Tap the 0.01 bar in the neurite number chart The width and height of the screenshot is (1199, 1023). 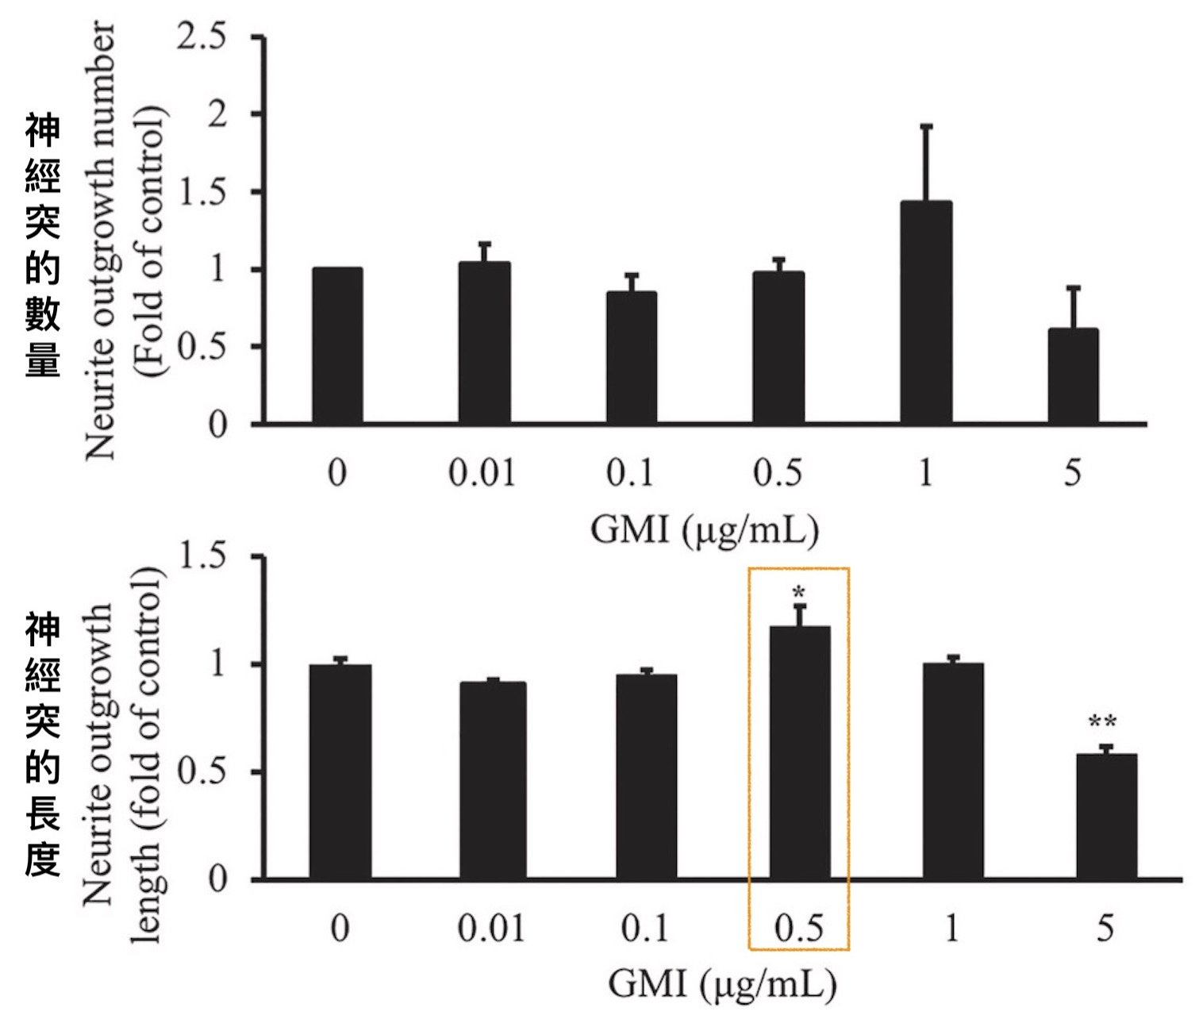[x=484, y=342]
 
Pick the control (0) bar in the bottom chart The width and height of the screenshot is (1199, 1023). [x=340, y=771]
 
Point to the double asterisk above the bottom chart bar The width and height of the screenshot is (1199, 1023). [x=1102, y=723]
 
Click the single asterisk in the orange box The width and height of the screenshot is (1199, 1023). [x=799, y=593]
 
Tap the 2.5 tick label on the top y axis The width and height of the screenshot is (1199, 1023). [x=202, y=37]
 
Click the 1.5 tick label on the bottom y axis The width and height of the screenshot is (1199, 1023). [x=202, y=556]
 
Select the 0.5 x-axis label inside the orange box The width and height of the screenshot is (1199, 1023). [x=798, y=928]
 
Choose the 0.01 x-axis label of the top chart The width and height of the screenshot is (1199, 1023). [x=482, y=473]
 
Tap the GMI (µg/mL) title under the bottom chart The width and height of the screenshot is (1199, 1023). [x=722, y=985]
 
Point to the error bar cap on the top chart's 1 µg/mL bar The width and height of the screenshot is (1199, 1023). [x=926, y=126]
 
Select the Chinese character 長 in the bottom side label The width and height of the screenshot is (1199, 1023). [x=43, y=813]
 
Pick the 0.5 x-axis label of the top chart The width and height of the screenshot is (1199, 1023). [x=778, y=473]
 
